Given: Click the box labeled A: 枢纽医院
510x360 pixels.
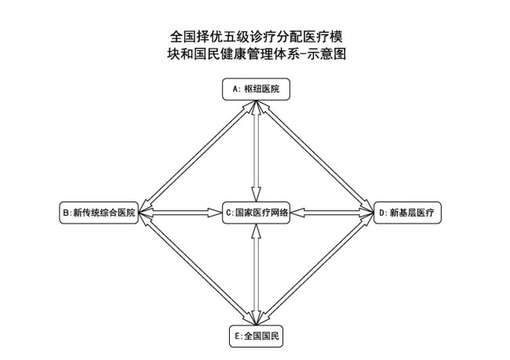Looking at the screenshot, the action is [x=256, y=89].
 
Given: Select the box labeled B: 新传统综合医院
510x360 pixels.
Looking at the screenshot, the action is [x=99, y=213].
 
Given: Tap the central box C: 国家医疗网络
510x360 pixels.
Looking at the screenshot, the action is [x=256, y=213].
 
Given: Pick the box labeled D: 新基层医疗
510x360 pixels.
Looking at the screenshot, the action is [x=407, y=213].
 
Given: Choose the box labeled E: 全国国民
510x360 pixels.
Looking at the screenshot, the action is [x=256, y=336].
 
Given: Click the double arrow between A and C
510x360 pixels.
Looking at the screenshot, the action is [x=257, y=151].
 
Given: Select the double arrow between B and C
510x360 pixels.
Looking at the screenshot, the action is [x=180, y=213].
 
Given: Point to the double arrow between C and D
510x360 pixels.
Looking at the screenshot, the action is [x=332, y=213].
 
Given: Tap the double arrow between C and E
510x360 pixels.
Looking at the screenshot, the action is [x=257, y=275].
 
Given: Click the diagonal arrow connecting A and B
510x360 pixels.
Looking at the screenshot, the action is [x=198, y=157].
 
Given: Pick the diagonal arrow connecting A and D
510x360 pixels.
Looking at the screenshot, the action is [x=315, y=157].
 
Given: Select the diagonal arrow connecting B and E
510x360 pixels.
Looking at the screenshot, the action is [x=198, y=269].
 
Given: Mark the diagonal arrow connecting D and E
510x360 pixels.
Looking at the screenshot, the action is [x=315, y=269].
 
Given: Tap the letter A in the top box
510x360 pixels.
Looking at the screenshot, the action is [x=236, y=89].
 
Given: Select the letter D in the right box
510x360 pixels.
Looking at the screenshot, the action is [x=382, y=213].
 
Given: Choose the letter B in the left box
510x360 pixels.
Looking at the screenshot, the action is [x=66, y=213].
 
